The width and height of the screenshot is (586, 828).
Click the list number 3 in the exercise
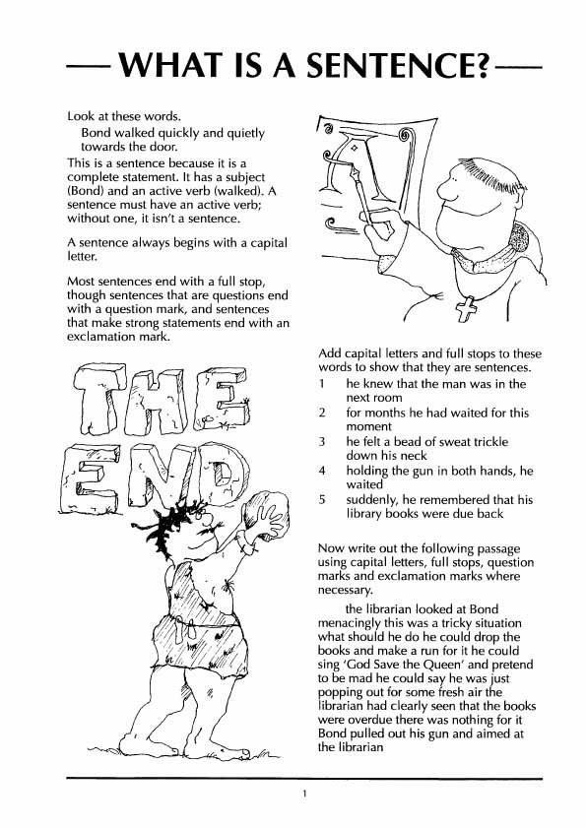(322, 443)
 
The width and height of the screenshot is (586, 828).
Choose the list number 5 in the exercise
(322, 499)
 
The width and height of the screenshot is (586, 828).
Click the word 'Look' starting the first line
(81, 117)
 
